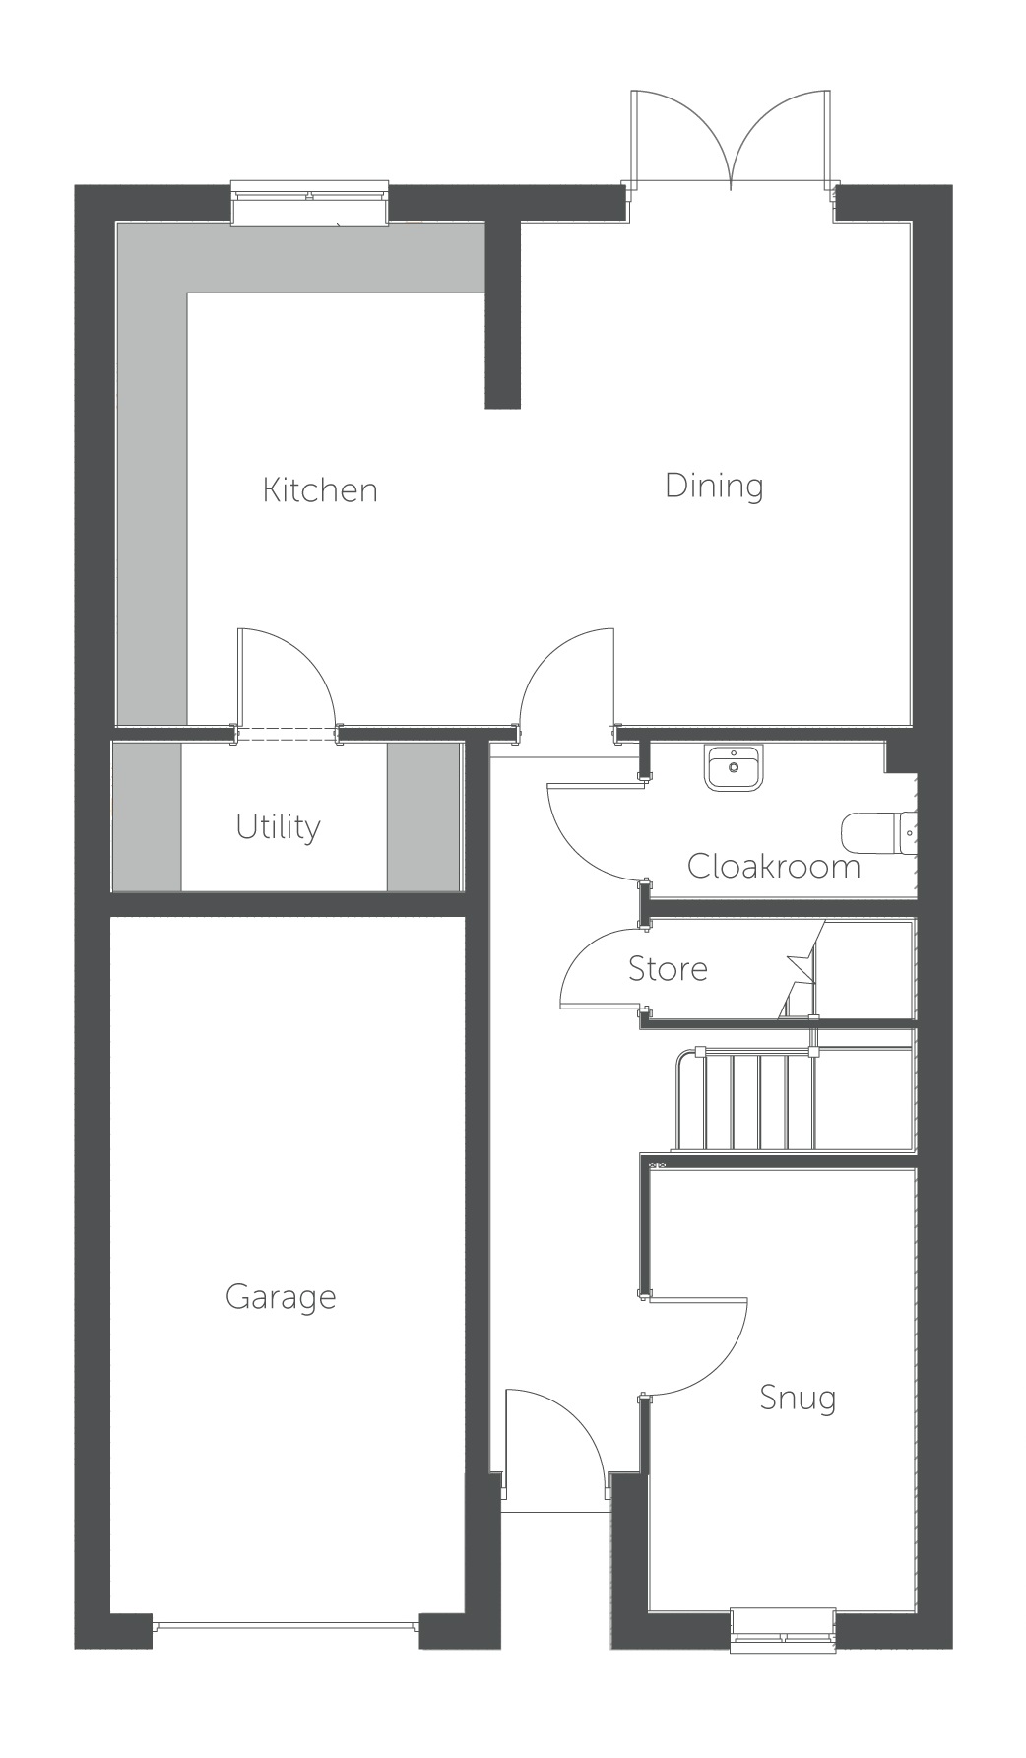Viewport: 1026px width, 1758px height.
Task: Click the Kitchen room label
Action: [320, 489]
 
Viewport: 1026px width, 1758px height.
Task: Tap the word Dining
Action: [714, 486]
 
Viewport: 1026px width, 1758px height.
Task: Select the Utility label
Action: [278, 827]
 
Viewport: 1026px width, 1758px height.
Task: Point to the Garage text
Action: [281, 1297]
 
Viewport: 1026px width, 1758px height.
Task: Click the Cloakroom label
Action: [774, 867]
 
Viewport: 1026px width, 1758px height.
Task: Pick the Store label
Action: [668, 969]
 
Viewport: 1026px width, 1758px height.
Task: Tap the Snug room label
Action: [798, 1399]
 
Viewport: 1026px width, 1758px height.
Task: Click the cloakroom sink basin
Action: [734, 768]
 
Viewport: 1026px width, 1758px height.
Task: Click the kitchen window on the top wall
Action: [309, 202]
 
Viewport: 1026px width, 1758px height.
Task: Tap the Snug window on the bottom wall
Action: [784, 1628]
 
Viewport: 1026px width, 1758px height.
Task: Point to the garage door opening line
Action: [287, 1626]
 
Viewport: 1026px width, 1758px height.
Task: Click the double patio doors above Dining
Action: [731, 138]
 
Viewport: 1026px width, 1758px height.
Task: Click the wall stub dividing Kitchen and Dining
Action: [503, 315]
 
